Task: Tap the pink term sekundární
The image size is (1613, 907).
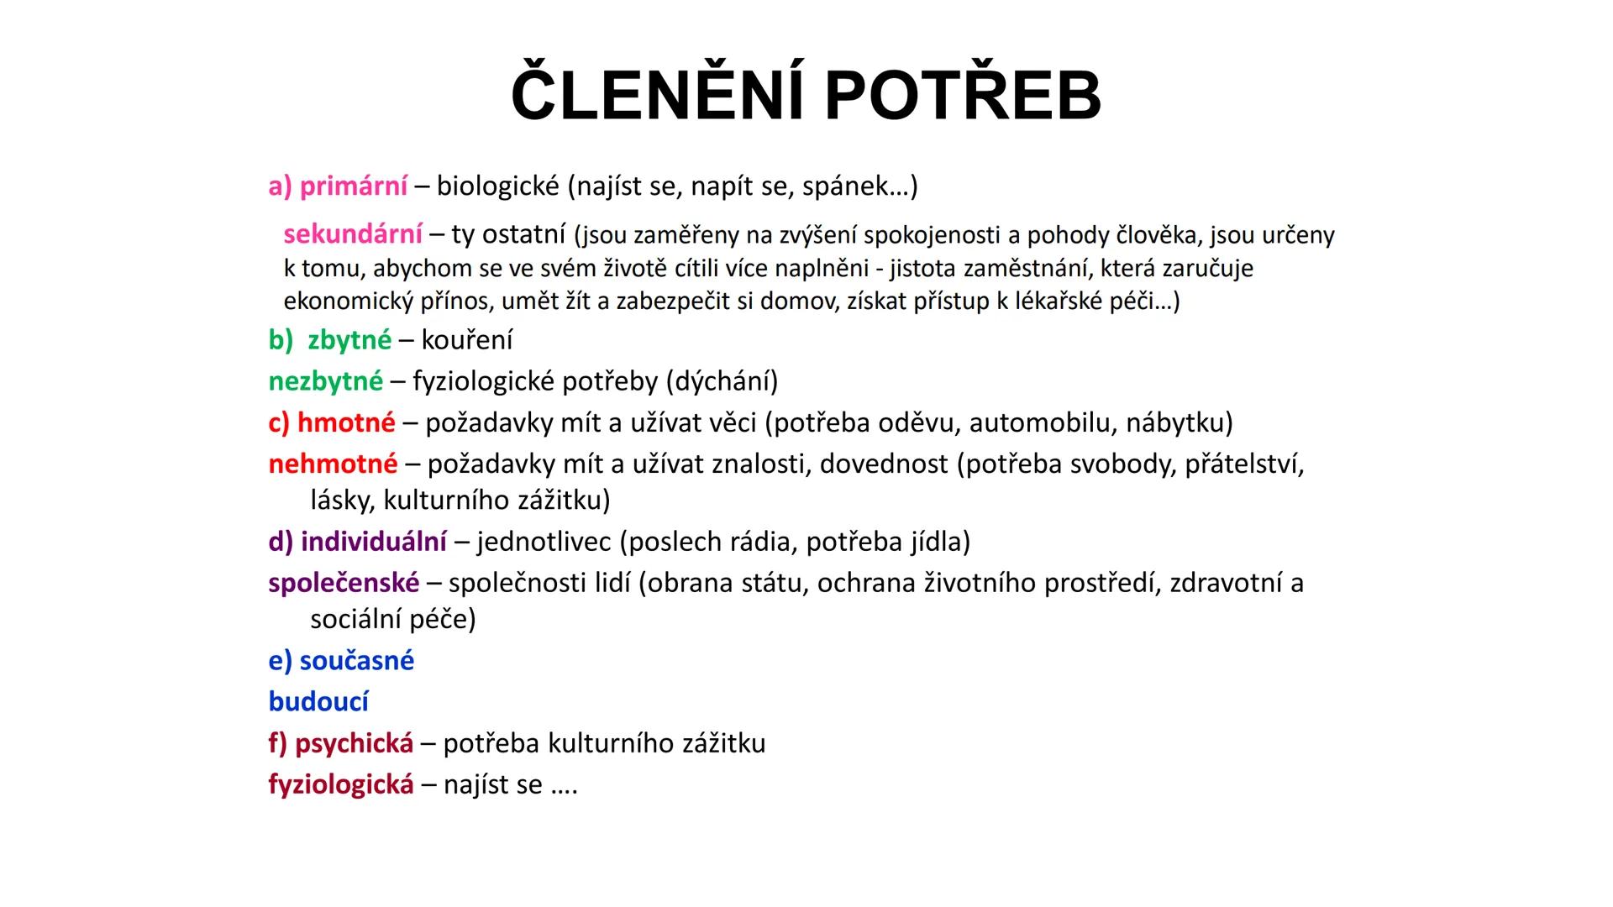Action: tap(353, 233)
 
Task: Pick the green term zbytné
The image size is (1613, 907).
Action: tap(349, 340)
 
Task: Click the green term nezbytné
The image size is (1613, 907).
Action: tap(326, 381)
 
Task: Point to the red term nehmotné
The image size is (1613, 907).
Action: tap(334, 464)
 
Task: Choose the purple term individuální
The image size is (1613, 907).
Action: tap(374, 542)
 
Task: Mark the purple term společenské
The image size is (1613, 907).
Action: tap(344, 583)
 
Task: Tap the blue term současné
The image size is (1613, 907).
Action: tap(357, 661)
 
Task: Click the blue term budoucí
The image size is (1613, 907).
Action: tap(318, 701)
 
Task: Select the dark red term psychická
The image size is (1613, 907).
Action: tap(355, 743)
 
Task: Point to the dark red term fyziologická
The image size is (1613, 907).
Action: tap(341, 784)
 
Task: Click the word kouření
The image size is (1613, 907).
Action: tap(467, 340)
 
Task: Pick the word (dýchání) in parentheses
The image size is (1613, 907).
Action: tap(722, 382)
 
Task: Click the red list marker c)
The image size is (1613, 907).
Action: tap(280, 422)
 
